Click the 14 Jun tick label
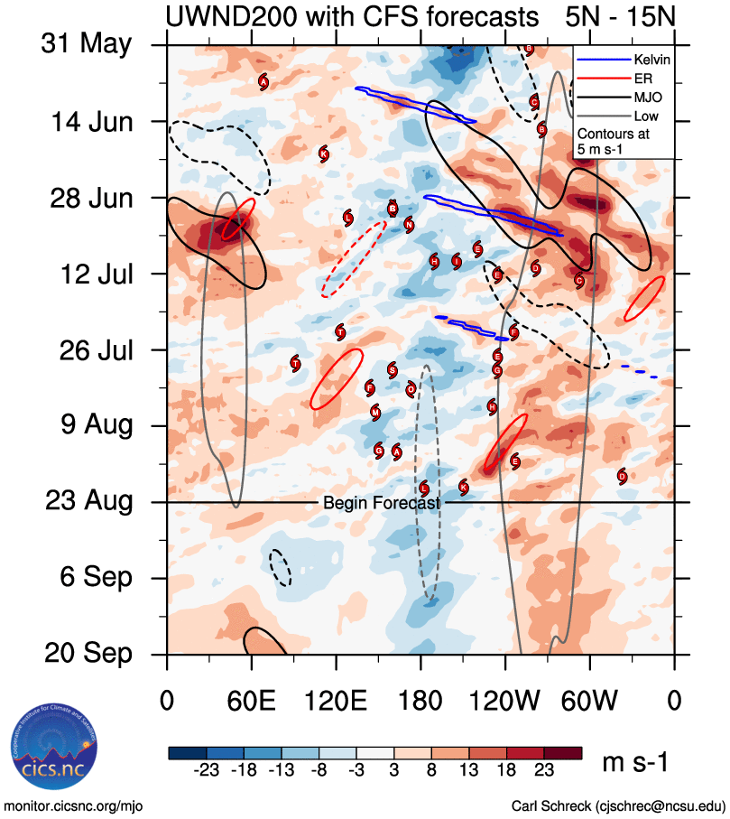pyautogui.click(x=88, y=121)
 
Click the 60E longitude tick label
pyautogui.click(x=252, y=700)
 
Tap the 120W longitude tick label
pyautogui.click(x=505, y=700)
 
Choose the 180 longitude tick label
pyautogui.click(x=420, y=700)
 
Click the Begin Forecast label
pyautogui.click(x=381, y=502)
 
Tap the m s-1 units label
pyautogui.click(x=635, y=763)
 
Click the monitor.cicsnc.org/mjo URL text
pyautogui.click(x=74, y=805)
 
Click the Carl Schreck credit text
pyautogui.click(x=618, y=805)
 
